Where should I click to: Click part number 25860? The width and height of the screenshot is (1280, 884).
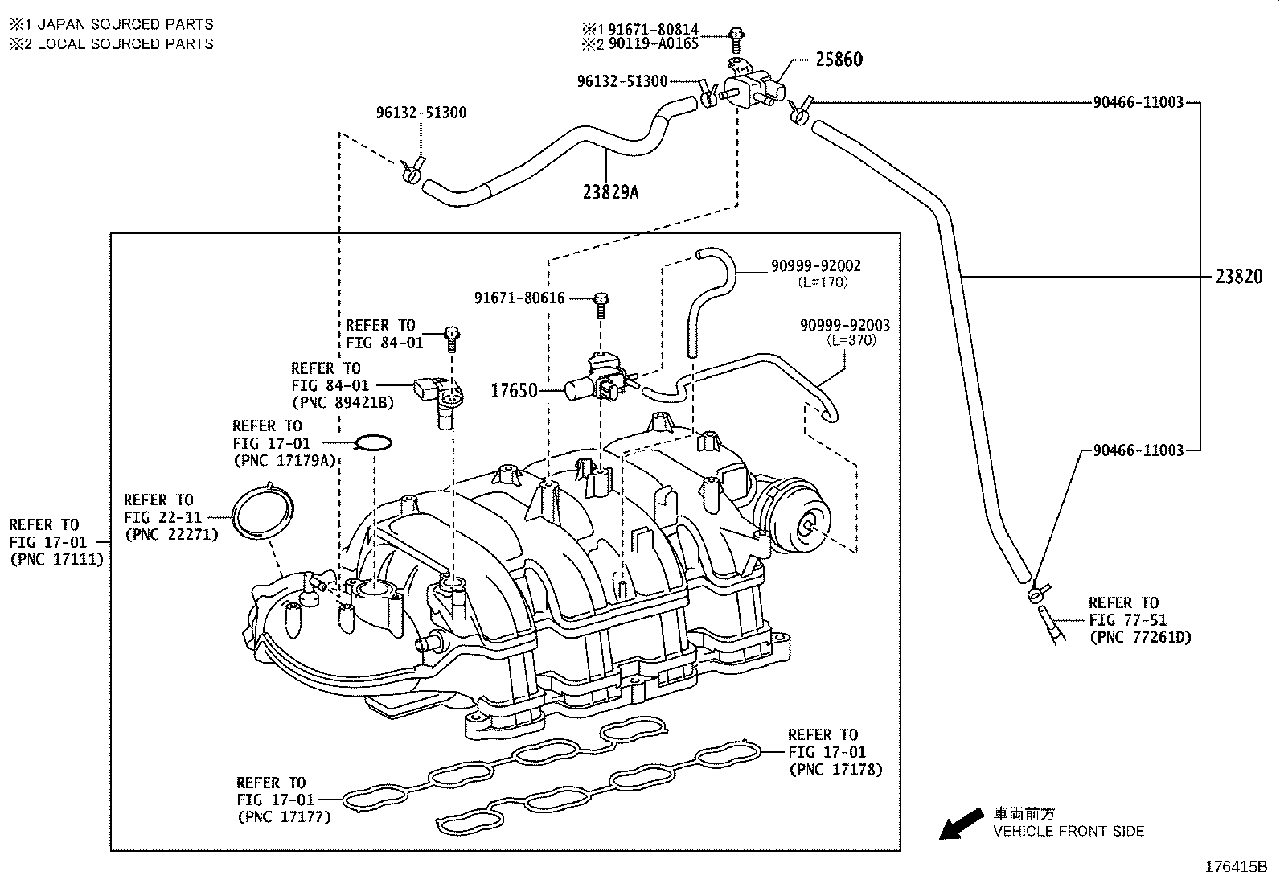[x=839, y=60]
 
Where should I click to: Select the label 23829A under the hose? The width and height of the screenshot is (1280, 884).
[x=611, y=192]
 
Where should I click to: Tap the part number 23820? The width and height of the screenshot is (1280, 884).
[x=1238, y=278]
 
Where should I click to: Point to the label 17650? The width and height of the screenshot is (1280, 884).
[x=514, y=392]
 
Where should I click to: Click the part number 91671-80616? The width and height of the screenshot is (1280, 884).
[x=519, y=298]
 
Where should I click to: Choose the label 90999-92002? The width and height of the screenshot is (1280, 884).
[x=815, y=266]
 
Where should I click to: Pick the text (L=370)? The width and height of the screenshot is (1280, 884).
[x=851, y=340]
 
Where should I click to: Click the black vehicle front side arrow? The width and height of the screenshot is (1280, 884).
[x=960, y=824]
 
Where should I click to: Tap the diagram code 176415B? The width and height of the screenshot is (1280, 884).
[x=1235, y=868]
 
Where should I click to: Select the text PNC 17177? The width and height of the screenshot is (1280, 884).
[x=284, y=817]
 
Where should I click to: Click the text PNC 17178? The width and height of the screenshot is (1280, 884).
[x=835, y=770]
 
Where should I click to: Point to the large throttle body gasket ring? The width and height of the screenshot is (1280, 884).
[x=262, y=512]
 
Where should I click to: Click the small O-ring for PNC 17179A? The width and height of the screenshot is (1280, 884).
[x=374, y=442]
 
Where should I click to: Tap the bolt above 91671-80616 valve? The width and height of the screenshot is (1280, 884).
[x=601, y=302]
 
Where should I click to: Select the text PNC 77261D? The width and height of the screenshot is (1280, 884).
[x=1139, y=638]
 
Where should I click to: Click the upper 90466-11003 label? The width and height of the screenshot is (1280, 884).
[x=1138, y=103]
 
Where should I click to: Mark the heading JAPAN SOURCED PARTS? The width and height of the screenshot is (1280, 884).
[x=125, y=25]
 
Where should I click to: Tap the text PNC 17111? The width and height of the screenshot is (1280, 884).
[x=56, y=560]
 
